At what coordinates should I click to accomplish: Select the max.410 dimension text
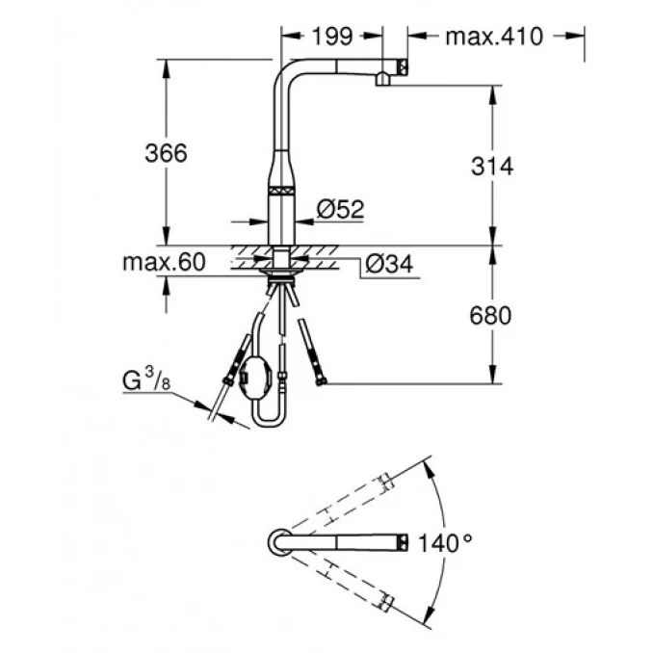(494, 38)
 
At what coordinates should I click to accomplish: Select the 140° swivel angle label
(445, 541)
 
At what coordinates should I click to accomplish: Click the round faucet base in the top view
(277, 541)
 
